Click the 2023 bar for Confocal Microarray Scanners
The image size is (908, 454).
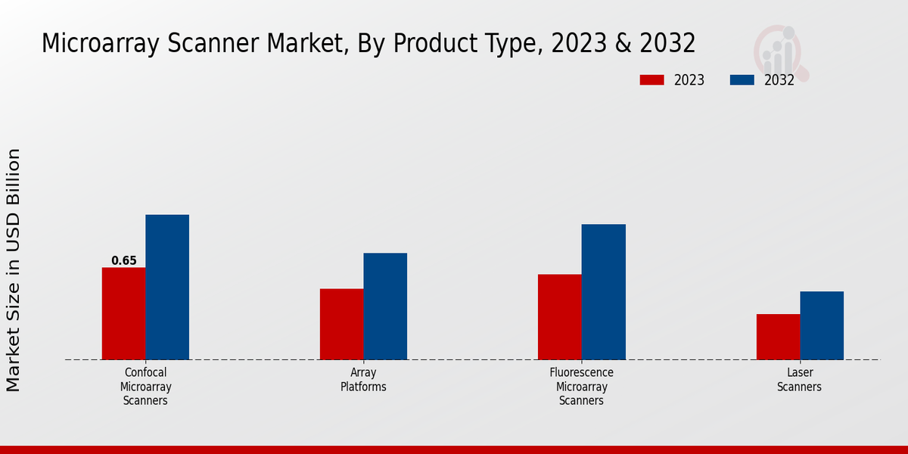coord(123,313)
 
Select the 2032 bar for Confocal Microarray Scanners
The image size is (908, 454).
coord(167,287)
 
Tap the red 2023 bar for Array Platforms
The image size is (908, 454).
coord(341,324)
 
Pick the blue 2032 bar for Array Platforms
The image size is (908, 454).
coord(385,306)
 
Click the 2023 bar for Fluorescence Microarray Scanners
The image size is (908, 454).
coord(559,316)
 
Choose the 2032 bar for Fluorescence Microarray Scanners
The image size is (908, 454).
coord(603,291)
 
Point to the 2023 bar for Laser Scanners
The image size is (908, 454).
coord(778,337)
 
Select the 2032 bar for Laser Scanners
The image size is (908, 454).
coord(822,325)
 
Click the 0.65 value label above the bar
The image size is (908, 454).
coord(124,261)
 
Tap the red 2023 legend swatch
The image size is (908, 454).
coord(651,80)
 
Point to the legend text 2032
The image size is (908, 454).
coord(779,80)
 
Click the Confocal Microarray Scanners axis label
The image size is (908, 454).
coord(145,387)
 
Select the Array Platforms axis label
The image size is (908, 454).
coord(363,380)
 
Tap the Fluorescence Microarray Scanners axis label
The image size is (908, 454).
coord(581,387)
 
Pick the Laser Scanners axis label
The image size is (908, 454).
coord(800,380)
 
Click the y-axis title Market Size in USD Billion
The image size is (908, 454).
coord(14,270)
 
